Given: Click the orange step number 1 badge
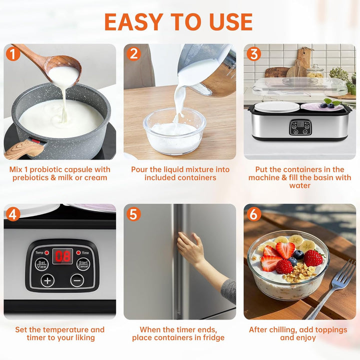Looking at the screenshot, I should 12,53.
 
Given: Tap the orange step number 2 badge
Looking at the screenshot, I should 133,53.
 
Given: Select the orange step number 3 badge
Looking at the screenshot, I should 253,53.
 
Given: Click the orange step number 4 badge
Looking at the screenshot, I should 12,213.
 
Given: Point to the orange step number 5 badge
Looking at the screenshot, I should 133,213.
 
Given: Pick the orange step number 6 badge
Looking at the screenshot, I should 253,213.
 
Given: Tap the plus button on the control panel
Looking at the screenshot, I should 47,280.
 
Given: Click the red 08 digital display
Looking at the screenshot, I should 62,256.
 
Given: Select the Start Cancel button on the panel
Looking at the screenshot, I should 83,264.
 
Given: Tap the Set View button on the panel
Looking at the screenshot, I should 41,264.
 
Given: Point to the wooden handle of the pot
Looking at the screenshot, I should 25,148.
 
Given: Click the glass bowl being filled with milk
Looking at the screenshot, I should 174,131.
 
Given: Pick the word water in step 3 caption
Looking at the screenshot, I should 300,185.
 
